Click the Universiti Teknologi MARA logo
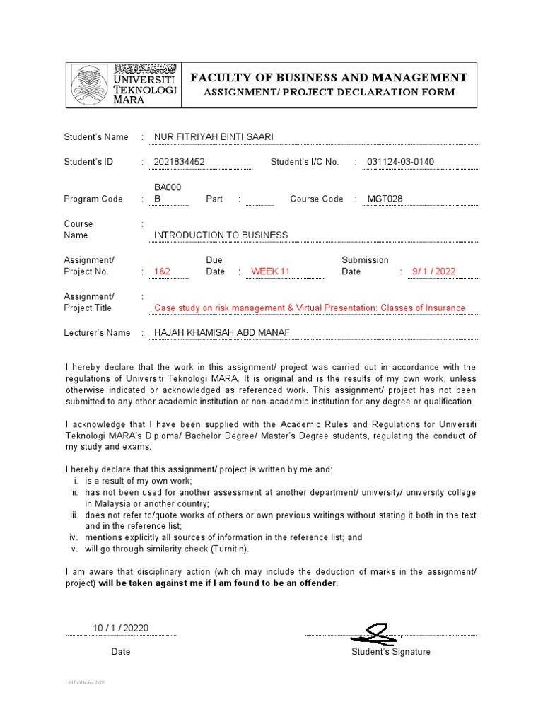[123, 83]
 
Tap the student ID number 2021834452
[180, 162]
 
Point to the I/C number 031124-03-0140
[401, 162]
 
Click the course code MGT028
[385, 199]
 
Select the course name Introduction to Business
[221, 235]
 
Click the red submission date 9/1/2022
[434, 271]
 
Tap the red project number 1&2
[162, 271]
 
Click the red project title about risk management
[310, 308]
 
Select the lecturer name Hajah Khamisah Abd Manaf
[222, 332]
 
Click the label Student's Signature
[390, 652]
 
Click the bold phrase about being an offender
[218, 583]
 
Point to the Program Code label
[93, 199]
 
